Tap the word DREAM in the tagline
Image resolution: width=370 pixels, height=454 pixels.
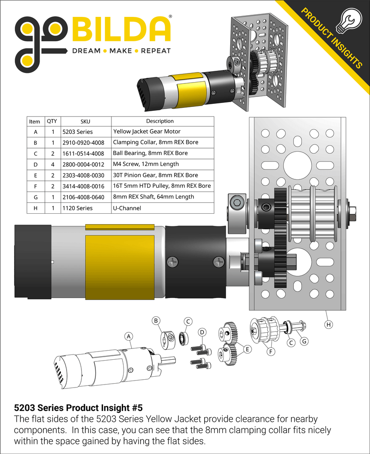point(86,51)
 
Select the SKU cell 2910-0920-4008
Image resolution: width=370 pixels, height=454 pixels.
point(84,142)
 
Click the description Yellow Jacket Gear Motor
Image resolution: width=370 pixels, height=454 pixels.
point(147,131)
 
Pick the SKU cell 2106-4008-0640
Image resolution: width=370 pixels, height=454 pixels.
point(84,197)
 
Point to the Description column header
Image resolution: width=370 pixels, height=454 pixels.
point(160,121)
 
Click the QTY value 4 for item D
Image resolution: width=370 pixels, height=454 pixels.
point(54,164)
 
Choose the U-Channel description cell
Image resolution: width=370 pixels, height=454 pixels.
point(125,208)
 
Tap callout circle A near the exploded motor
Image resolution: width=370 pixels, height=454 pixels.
point(128,336)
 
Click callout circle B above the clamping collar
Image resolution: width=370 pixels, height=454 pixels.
point(156,321)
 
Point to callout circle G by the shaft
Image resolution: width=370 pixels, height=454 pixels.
point(304,341)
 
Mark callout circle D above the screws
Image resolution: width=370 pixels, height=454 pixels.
point(202,332)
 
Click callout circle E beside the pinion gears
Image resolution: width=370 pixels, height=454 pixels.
point(247,349)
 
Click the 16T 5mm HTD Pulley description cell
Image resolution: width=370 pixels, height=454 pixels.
point(162,186)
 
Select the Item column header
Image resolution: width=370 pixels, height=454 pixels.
point(34,121)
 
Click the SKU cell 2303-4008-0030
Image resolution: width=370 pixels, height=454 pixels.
point(84,175)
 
